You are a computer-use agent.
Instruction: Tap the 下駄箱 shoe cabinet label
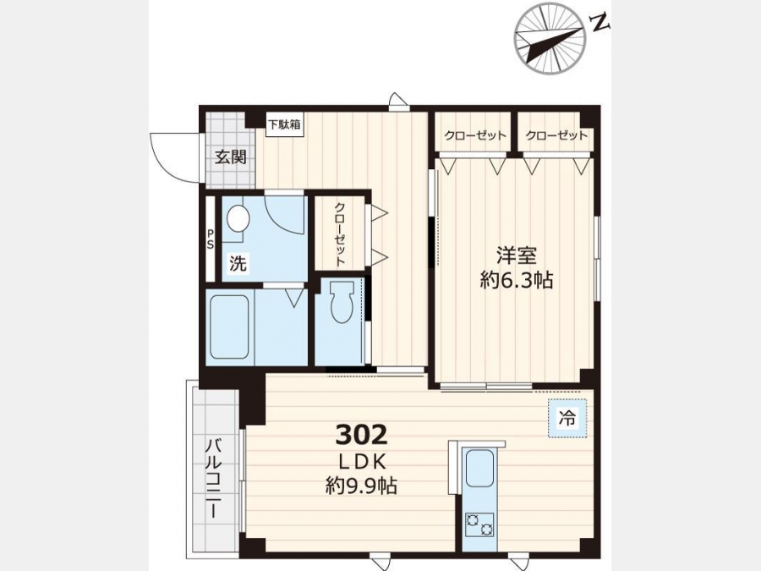pyautogui.click(x=285, y=125)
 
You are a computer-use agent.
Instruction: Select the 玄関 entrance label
pyautogui.click(x=231, y=156)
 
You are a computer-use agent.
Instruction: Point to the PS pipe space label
pyautogui.click(x=211, y=239)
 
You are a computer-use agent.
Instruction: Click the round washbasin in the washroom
pyautogui.click(x=238, y=218)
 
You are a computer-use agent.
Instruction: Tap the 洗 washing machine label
pyautogui.click(x=238, y=264)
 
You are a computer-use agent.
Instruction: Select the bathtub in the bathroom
pyautogui.click(x=229, y=327)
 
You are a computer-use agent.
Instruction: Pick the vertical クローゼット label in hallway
pyautogui.click(x=339, y=234)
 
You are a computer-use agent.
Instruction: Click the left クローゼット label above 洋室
pyautogui.click(x=475, y=135)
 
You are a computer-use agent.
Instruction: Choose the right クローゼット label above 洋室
pyautogui.click(x=556, y=135)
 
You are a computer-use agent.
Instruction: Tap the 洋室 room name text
pyautogui.click(x=517, y=255)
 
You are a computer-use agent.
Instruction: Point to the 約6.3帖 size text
pyautogui.click(x=517, y=280)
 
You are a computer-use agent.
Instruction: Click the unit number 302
pyautogui.click(x=362, y=435)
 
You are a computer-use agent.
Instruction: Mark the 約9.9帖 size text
pyautogui.click(x=361, y=485)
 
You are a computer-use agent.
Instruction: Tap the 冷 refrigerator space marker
pyautogui.click(x=567, y=418)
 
